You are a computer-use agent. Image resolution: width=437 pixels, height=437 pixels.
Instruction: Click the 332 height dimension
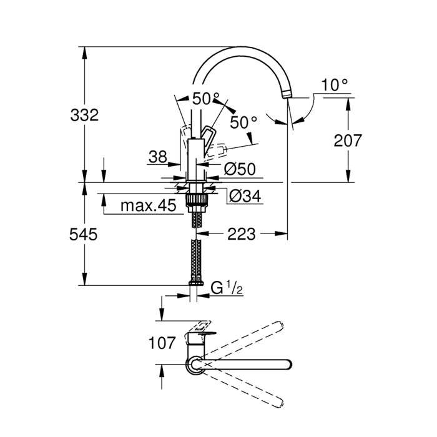[x=84, y=115]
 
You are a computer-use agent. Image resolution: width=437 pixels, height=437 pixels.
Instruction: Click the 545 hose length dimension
[x=84, y=234]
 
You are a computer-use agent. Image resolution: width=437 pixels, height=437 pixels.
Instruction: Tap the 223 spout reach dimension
[x=241, y=234]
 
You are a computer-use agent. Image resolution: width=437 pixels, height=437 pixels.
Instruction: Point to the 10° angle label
[x=335, y=86]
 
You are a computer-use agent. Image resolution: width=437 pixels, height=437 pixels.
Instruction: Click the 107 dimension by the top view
[x=161, y=342]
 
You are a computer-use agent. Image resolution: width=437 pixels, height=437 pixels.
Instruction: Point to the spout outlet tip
[x=287, y=94]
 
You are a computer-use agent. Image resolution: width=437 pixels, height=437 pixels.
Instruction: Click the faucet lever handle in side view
[x=209, y=134]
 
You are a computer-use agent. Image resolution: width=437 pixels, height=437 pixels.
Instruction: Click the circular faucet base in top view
[x=196, y=365]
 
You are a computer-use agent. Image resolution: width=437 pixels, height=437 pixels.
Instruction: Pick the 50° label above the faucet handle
[x=205, y=99]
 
